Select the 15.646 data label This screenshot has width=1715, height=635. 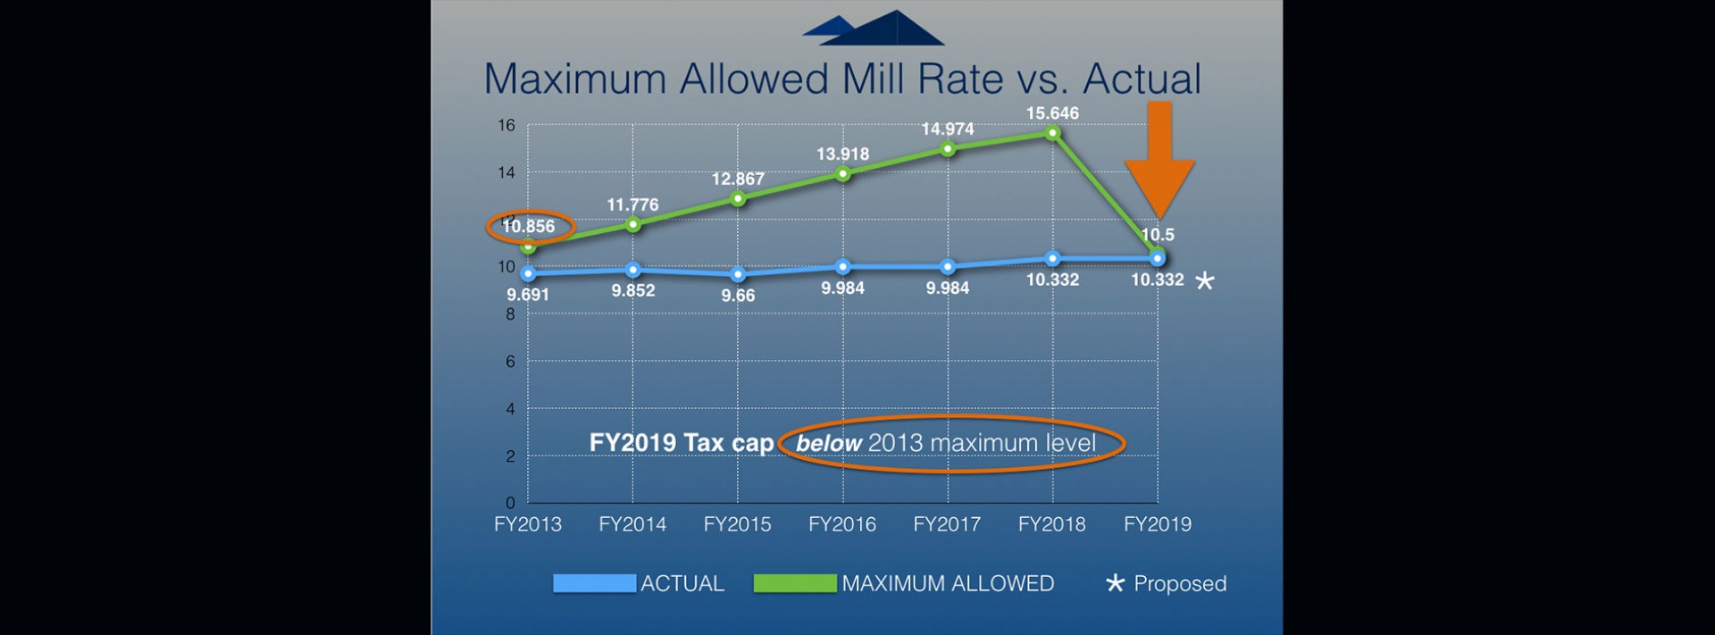[x=1052, y=113]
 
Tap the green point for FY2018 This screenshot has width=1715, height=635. [x=1053, y=133]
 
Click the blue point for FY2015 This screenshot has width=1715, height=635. [x=738, y=274]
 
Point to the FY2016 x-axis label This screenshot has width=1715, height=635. [x=842, y=524]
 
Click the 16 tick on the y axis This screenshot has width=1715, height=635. [x=506, y=125]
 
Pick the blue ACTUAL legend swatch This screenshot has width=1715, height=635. [x=594, y=583]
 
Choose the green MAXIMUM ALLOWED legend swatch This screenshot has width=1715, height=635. [x=795, y=583]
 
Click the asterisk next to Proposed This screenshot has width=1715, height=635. [x=1115, y=583]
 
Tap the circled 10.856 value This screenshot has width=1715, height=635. [x=528, y=227]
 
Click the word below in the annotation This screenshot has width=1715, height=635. [x=829, y=443]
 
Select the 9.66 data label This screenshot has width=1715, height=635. [x=738, y=296]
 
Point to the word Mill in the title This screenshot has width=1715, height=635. [x=874, y=79]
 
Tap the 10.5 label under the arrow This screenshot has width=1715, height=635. [x=1158, y=235]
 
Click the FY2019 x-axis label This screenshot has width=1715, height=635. [x=1158, y=524]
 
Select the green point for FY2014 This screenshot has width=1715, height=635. [x=633, y=224]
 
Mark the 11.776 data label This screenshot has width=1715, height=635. [x=632, y=205]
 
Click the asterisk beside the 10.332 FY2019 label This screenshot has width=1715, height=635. [x=1205, y=281]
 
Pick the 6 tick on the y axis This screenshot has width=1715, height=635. [x=510, y=361]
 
